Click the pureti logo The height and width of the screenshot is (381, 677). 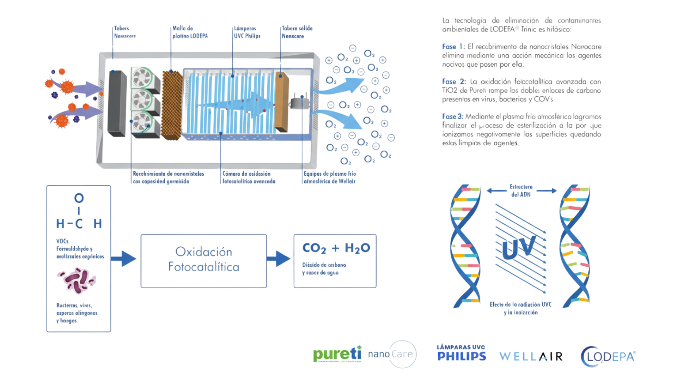(x=337, y=354)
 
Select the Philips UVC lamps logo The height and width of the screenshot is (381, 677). (x=461, y=353)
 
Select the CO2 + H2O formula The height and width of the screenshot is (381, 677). (x=336, y=248)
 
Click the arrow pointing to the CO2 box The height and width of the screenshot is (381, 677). (x=279, y=259)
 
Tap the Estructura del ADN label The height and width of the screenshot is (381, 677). (x=521, y=190)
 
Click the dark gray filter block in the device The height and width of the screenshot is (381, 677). (x=117, y=103)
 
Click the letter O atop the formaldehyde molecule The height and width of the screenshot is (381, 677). (x=79, y=198)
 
